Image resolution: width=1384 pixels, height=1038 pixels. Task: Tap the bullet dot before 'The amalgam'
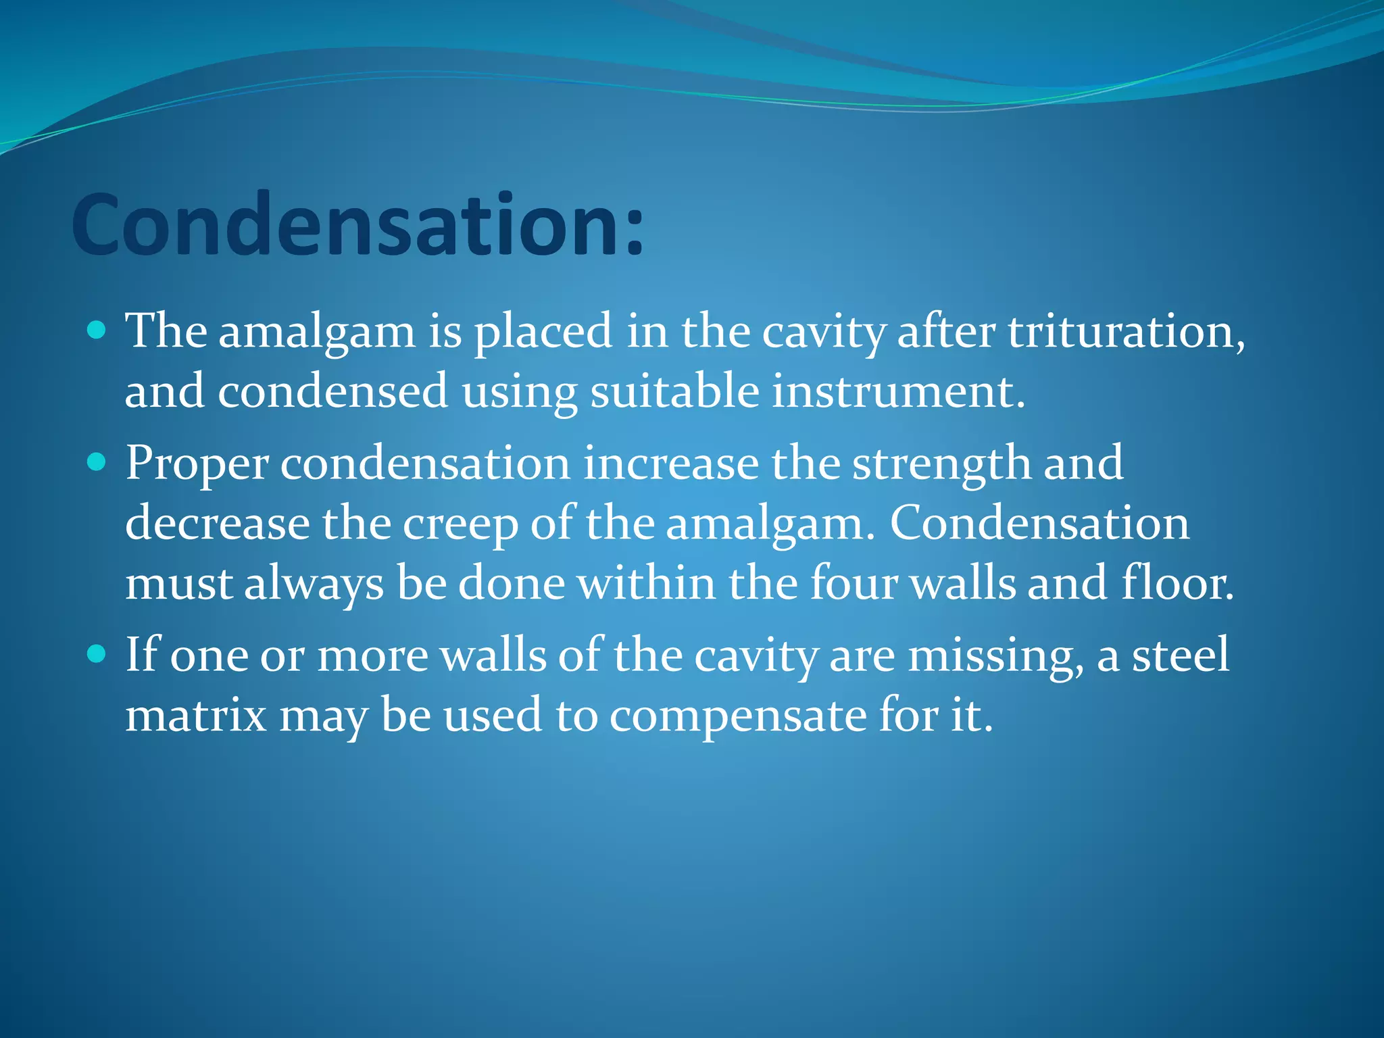[97, 330]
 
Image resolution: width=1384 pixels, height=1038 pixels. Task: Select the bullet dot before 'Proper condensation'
[97, 462]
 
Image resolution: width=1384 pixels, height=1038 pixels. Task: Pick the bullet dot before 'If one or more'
[97, 654]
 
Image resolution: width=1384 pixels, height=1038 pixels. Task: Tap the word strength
[941, 464]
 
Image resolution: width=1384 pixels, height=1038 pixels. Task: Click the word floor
[1177, 583]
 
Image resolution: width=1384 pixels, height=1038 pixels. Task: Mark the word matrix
[196, 715]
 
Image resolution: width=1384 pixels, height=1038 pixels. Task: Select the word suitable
[674, 391]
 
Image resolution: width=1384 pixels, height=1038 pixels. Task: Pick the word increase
[670, 464]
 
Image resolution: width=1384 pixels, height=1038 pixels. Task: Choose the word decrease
[217, 524]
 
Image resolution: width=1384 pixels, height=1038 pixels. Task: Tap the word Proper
[197, 464]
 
